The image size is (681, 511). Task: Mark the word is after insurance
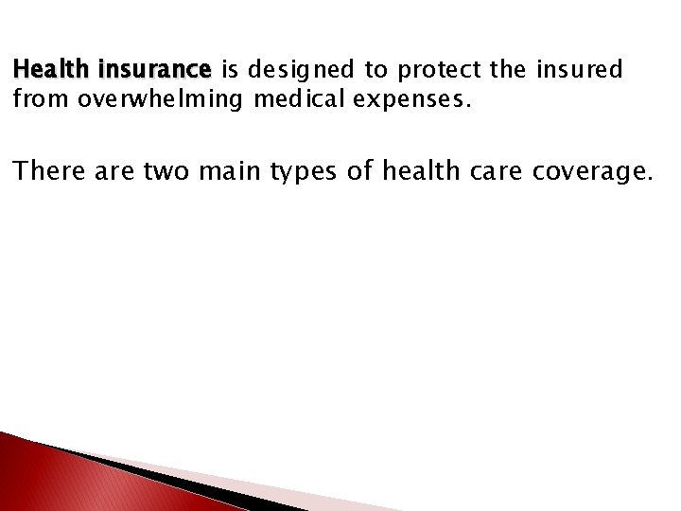coord(228,70)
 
